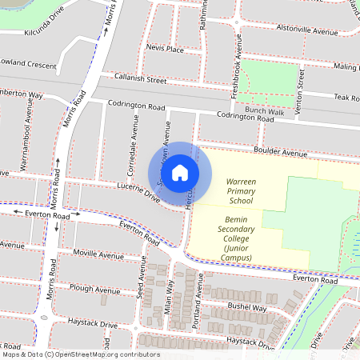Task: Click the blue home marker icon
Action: [x=180, y=173]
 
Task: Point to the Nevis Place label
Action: [x=166, y=49]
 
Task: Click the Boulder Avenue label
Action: [x=281, y=152]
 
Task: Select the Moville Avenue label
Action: [x=95, y=254]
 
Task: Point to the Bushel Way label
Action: [x=246, y=307]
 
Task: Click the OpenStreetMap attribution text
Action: [x=80, y=354]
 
